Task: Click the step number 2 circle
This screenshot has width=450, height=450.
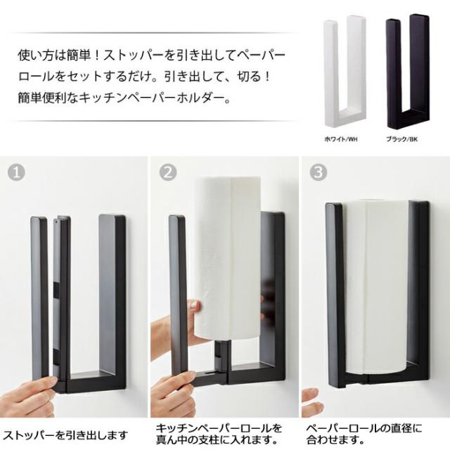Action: click(168, 172)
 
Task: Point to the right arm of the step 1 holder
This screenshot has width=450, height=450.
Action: click(112, 295)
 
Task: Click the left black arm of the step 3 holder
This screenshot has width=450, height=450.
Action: click(335, 295)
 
